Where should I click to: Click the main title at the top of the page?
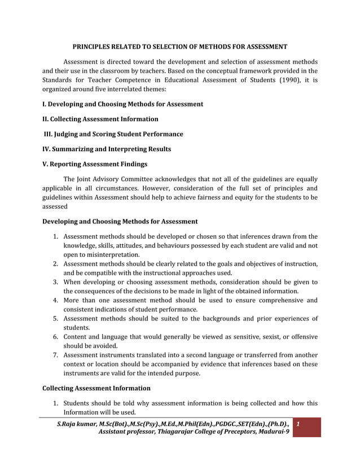[180, 46]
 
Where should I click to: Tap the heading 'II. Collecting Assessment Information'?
[100, 119]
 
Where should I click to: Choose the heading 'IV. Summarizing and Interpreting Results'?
[107, 149]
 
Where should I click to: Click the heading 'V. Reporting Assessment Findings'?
[95, 164]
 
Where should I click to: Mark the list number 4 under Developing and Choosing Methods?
[56, 300]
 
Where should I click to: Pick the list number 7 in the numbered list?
[56, 355]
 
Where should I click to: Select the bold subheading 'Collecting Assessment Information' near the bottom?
[96, 388]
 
